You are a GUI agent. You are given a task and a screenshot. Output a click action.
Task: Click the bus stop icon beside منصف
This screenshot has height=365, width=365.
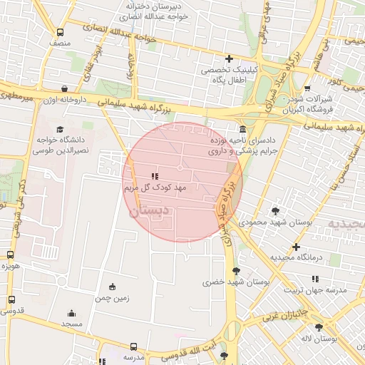(x=60, y=33)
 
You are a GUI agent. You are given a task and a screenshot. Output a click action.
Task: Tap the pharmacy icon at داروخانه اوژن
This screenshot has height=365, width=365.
(x=65, y=89)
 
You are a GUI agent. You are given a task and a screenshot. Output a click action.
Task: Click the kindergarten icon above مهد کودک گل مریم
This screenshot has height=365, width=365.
(x=155, y=176)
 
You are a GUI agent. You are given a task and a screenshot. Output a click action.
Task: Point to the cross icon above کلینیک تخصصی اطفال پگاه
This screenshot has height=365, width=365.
(x=229, y=58)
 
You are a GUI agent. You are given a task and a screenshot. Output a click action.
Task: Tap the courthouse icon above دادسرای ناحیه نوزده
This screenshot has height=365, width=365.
(x=243, y=130)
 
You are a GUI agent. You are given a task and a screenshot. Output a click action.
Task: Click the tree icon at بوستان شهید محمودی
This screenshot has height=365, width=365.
(x=275, y=210)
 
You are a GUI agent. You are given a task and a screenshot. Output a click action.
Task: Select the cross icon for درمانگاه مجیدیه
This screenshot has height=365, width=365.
(x=296, y=247)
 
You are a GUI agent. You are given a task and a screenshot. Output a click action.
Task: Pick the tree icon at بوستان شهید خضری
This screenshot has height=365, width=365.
(x=236, y=270)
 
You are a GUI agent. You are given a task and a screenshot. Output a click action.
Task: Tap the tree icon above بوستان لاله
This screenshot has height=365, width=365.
(x=319, y=327)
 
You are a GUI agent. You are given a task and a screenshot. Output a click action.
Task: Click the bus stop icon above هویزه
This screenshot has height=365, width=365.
(x=10, y=255)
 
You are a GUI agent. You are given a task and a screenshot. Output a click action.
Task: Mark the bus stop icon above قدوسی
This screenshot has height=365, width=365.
(x=10, y=299)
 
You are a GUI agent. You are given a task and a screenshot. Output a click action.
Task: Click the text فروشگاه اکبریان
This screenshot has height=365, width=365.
(x=299, y=110)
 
